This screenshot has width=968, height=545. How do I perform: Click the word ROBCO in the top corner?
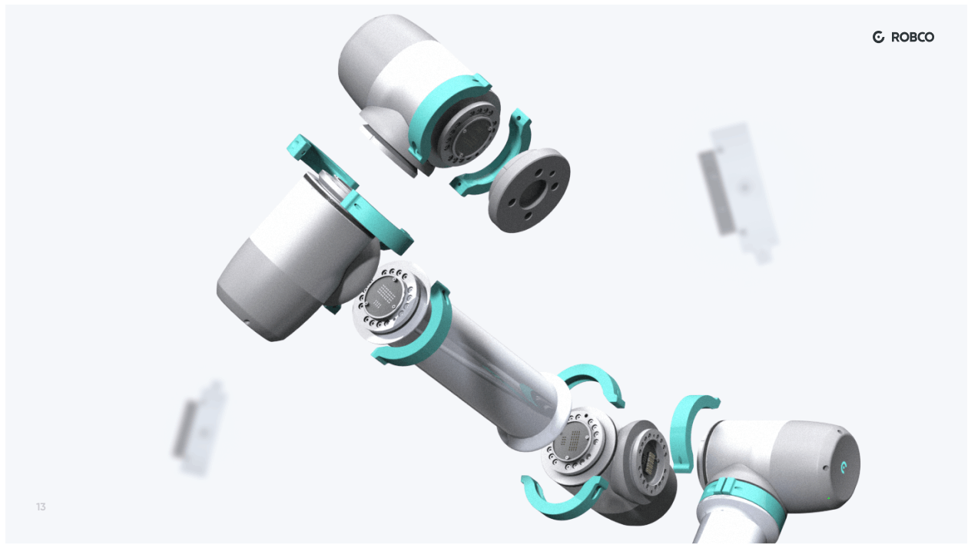(x=913, y=37)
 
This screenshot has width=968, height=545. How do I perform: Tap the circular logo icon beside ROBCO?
(x=879, y=37)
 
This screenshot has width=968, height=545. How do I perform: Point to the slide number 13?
(x=41, y=507)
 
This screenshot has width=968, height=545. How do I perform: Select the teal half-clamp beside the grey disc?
(x=492, y=154)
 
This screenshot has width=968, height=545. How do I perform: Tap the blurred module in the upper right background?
(x=738, y=188)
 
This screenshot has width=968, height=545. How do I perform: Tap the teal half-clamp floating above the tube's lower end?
(x=592, y=382)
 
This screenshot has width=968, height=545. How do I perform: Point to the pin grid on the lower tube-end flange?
(x=575, y=443)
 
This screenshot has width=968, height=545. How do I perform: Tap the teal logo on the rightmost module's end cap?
(x=844, y=467)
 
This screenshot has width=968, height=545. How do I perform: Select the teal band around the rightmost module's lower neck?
(x=741, y=500)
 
